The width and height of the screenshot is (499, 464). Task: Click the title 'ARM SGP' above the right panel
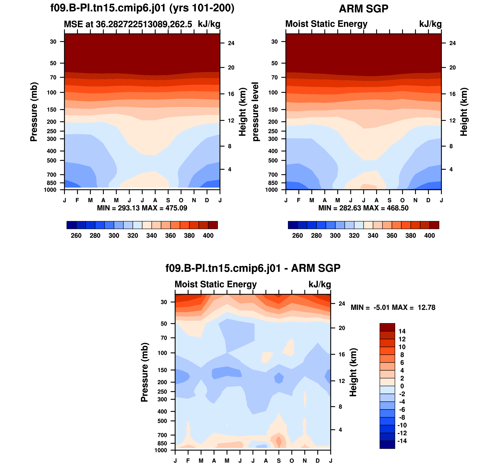point(363,9)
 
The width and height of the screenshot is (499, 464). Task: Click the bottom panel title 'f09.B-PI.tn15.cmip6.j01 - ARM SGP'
point(253,268)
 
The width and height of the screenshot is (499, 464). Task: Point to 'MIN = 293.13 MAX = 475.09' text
point(142,208)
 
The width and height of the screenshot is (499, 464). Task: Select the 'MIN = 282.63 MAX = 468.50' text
point(363,208)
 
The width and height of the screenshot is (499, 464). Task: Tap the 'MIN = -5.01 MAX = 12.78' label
point(393,308)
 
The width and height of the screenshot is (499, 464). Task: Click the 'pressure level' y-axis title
point(255,112)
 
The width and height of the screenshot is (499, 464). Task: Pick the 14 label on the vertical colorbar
point(402,331)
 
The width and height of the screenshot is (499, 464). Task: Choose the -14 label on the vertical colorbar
point(402,441)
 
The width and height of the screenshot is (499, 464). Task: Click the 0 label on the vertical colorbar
point(402,386)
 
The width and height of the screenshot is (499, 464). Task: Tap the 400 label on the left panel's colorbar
point(208,236)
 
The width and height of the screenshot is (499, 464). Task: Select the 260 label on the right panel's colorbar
point(297,236)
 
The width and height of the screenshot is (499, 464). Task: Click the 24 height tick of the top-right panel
point(452,43)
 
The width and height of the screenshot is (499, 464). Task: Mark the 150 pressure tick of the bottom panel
point(164,370)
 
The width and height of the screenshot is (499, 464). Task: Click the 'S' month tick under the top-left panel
point(168,200)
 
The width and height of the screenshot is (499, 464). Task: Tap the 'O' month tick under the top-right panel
point(402,200)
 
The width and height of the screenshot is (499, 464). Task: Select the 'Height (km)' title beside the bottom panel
point(353,372)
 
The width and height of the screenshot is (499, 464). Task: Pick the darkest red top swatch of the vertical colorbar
point(387,327)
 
